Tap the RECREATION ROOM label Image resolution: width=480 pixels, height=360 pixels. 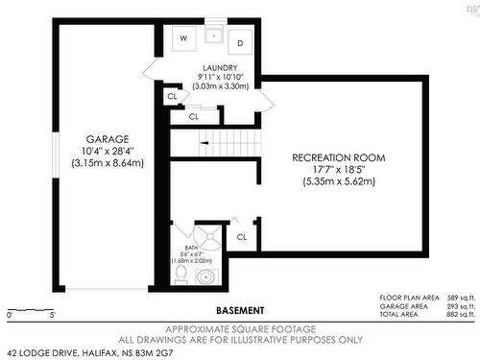coord(339,156)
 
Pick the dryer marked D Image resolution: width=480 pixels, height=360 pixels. coord(240,42)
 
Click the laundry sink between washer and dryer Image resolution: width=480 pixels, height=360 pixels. coord(213,37)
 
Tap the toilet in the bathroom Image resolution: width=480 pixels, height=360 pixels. coord(180,275)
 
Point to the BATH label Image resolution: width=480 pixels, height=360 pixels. coord(179,224)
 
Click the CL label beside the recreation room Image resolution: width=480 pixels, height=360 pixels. coord(242,235)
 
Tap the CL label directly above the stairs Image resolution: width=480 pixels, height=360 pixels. coord(194,115)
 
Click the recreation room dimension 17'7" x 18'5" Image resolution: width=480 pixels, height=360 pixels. coord(339,168)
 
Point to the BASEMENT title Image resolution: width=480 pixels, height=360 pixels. coord(240,310)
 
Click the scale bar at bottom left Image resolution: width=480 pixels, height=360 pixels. coord(28,310)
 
